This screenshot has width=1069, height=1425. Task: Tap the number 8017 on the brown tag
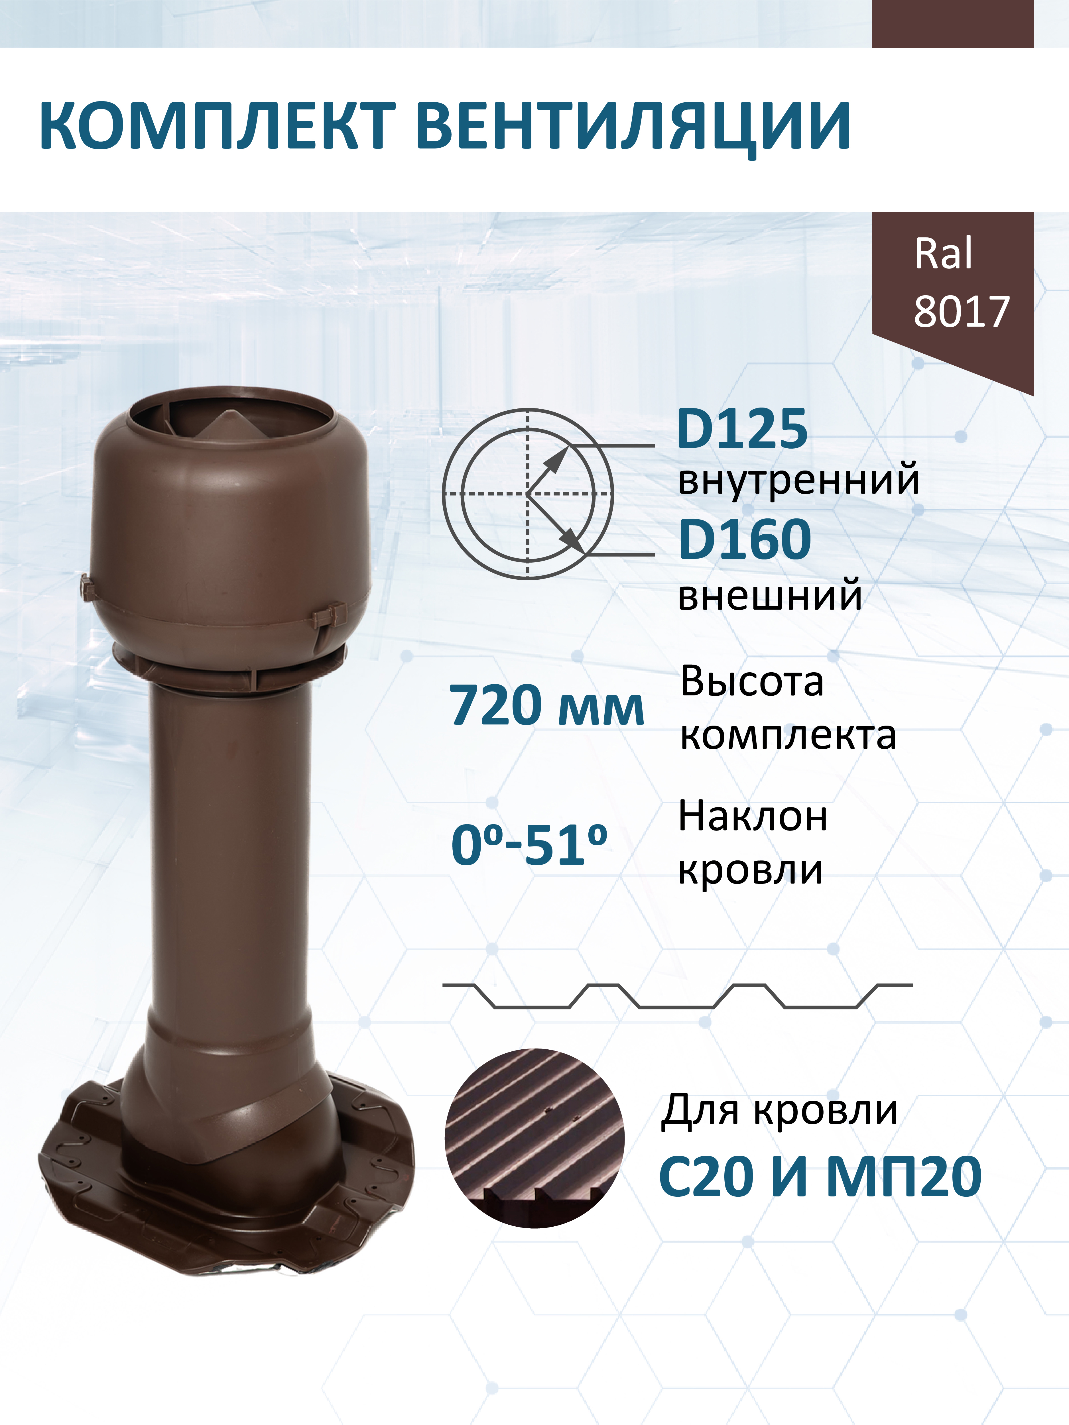[x=962, y=312]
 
